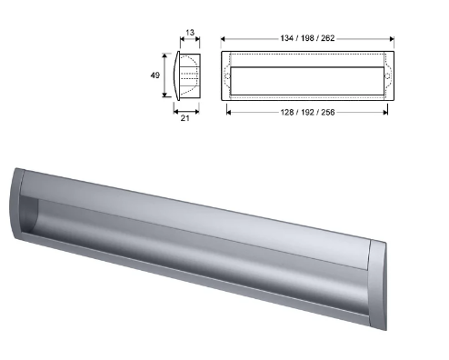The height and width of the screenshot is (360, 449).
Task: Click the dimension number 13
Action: pos(188,33)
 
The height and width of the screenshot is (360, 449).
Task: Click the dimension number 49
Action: pos(155,75)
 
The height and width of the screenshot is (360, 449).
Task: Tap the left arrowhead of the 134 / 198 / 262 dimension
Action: pos(224,39)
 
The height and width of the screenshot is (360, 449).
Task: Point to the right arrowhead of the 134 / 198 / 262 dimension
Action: pos(391,39)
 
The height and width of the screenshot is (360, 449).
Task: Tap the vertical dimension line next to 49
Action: pos(166,75)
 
